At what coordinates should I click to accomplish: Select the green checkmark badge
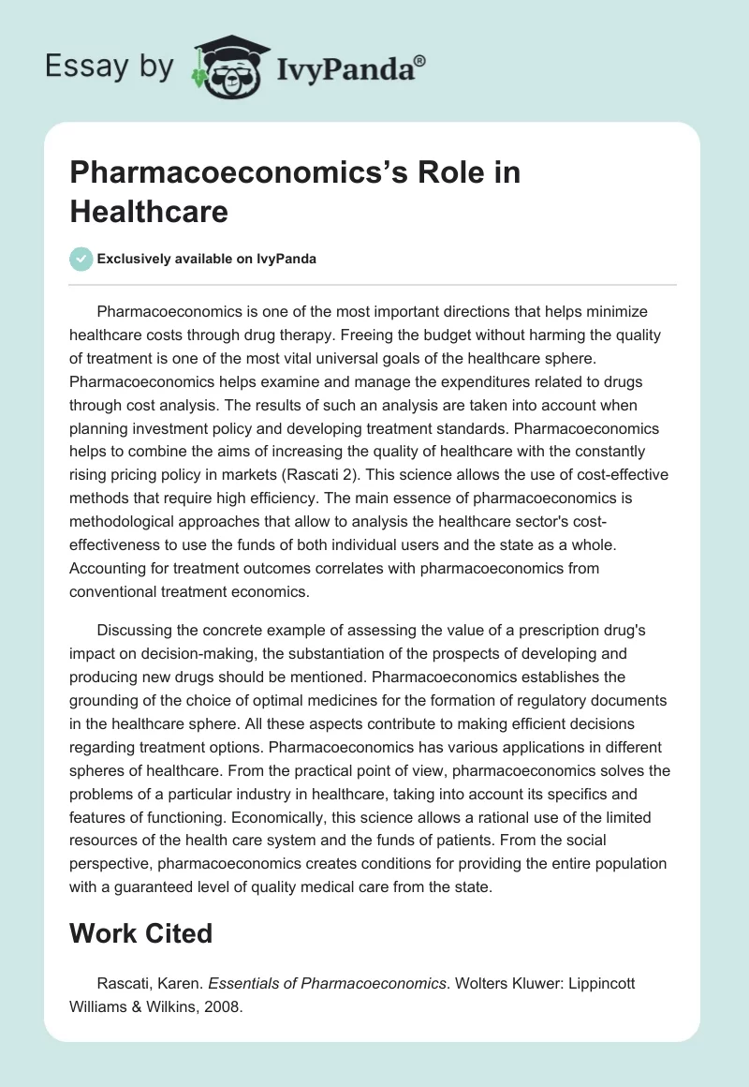tap(81, 259)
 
